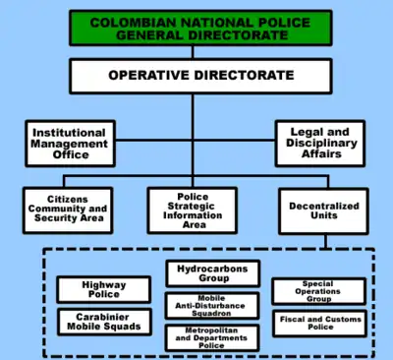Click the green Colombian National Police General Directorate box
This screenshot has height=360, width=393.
(x=200, y=28)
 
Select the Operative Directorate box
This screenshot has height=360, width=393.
(x=200, y=76)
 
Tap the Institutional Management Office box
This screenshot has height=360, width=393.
(x=70, y=144)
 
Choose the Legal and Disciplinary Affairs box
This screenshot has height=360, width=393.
(x=320, y=144)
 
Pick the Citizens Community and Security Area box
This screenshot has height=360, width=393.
(x=68, y=210)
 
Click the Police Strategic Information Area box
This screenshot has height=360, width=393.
(x=193, y=210)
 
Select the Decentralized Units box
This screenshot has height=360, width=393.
(x=323, y=211)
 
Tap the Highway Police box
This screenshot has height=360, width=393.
(x=104, y=289)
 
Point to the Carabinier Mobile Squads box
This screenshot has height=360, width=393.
(x=104, y=322)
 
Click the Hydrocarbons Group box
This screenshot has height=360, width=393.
(x=213, y=273)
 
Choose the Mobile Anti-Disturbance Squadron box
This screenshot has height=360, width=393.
(x=212, y=306)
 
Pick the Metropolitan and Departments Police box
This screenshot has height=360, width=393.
(x=212, y=337)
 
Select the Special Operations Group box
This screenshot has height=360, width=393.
(x=319, y=291)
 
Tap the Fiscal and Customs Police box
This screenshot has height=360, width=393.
(x=319, y=324)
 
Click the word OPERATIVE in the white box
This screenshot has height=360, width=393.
(x=149, y=75)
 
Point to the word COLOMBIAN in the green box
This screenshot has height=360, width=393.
(x=134, y=23)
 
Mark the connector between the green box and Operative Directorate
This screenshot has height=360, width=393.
(x=193, y=52)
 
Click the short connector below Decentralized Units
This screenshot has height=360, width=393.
(x=325, y=241)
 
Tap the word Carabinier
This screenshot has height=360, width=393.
(x=102, y=317)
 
